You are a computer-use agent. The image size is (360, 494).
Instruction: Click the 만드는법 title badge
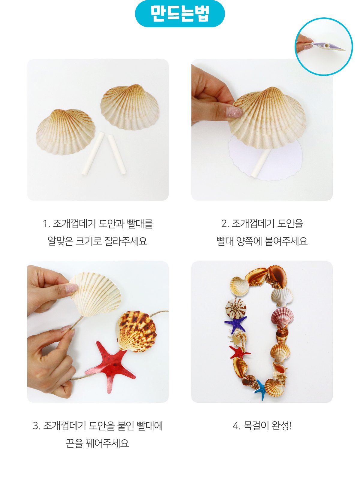point(180,14)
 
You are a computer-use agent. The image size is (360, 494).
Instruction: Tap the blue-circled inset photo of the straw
point(324,47)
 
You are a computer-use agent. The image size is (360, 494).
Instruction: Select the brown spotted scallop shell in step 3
point(136,331)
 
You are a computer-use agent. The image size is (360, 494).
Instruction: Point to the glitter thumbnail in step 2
point(234,112)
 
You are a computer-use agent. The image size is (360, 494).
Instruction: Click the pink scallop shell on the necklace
point(282,318)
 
